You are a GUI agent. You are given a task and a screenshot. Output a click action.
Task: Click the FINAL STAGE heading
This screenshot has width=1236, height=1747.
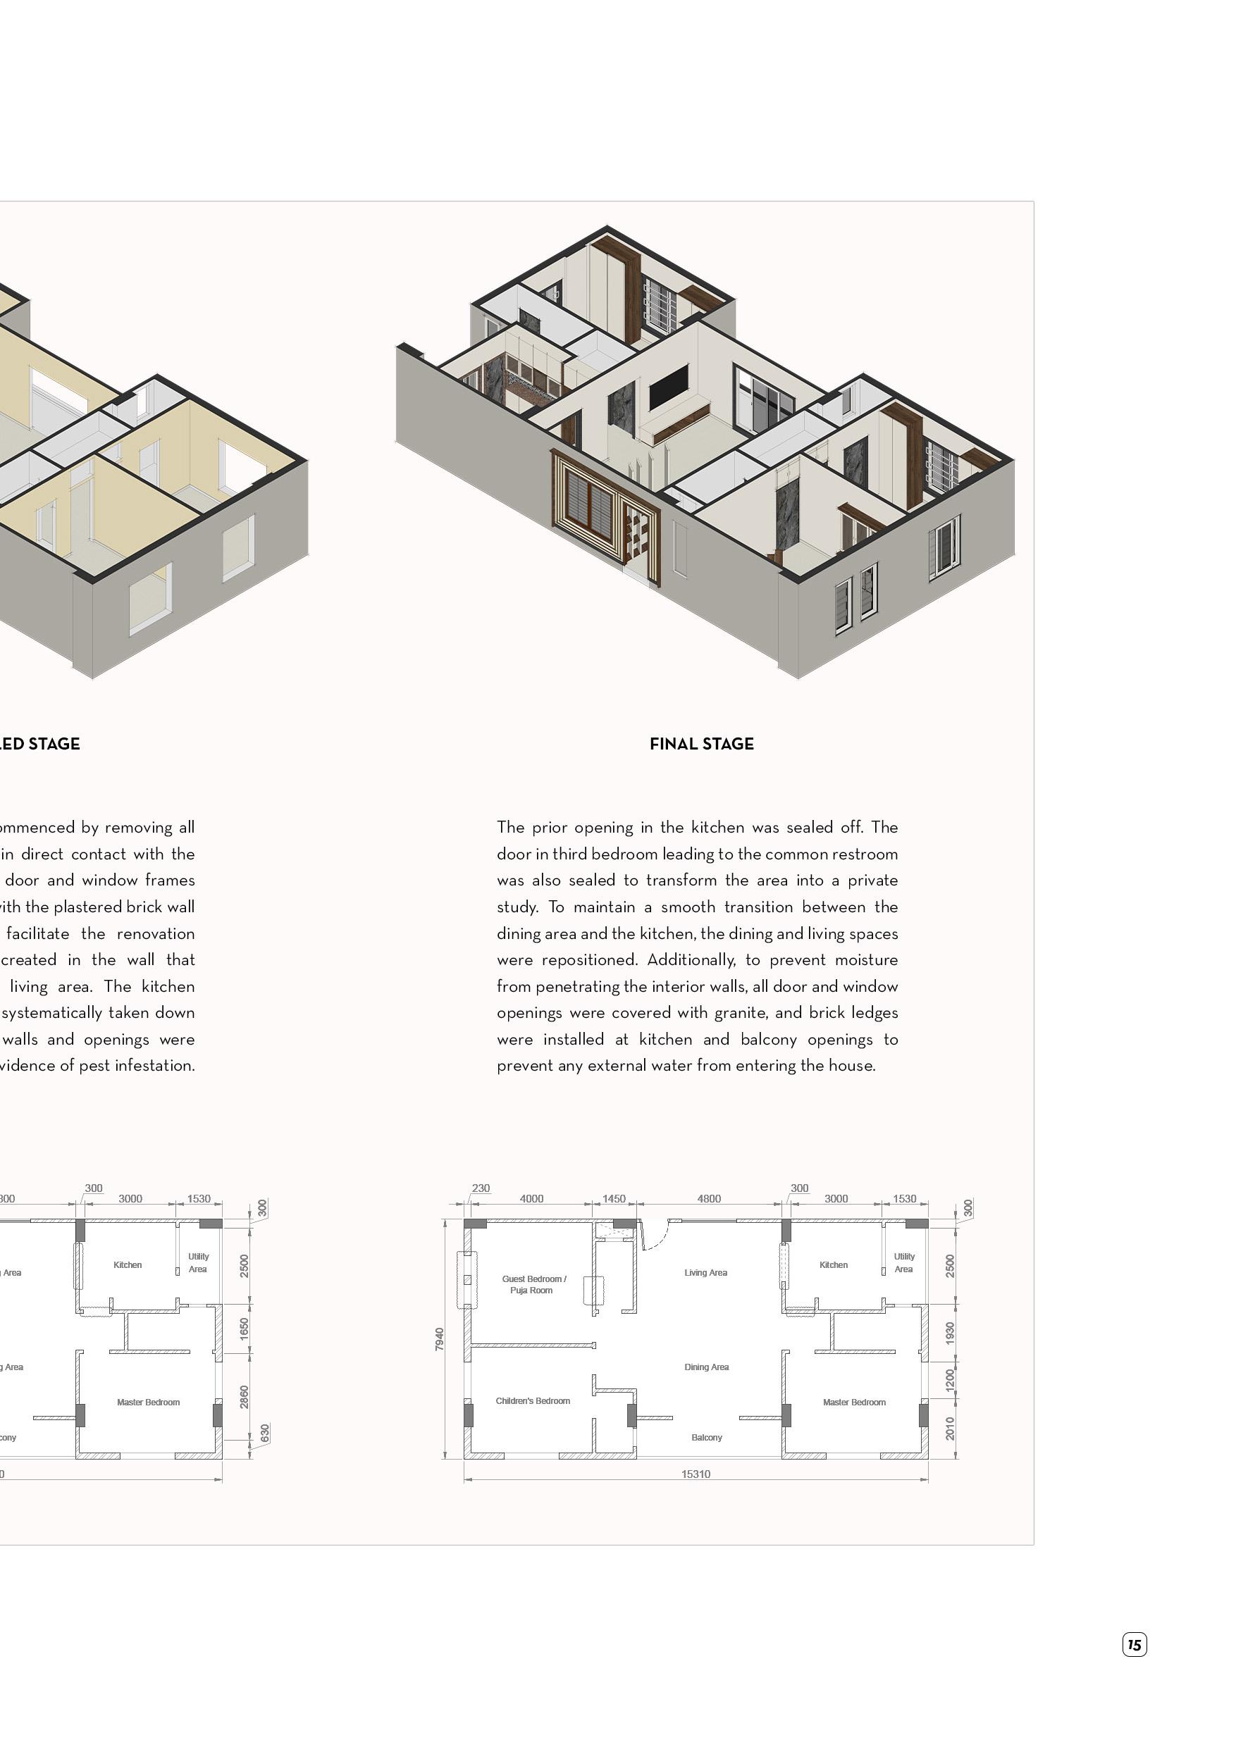click(x=701, y=744)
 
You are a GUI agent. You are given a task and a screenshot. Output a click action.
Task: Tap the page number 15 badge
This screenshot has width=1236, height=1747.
click(x=1134, y=1644)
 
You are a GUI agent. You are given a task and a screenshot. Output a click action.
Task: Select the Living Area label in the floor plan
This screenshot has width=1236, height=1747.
click(x=705, y=1272)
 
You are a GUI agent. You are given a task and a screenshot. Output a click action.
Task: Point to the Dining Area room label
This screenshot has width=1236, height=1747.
click(x=706, y=1367)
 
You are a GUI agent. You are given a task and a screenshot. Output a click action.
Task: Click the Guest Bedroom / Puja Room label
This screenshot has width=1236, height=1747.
click(x=533, y=1284)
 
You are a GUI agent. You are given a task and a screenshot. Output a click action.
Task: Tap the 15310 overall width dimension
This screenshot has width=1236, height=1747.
click(x=696, y=1474)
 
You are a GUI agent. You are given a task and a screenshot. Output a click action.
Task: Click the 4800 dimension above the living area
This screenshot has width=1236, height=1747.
click(x=709, y=1198)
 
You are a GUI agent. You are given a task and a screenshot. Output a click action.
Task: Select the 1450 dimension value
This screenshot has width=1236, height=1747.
click(x=614, y=1198)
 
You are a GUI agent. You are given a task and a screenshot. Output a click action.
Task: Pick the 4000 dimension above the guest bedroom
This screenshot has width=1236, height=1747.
click(x=531, y=1198)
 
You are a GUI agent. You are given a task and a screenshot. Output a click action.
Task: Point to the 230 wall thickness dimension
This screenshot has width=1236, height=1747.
click(x=481, y=1188)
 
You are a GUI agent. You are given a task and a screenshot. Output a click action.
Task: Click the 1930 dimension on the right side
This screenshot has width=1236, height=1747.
click(x=950, y=1333)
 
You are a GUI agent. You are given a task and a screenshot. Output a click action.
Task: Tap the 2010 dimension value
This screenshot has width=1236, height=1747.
click(x=950, y=1428)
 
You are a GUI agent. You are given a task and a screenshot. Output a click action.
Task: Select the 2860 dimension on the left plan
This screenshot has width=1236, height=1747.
click(x=245, y=1397)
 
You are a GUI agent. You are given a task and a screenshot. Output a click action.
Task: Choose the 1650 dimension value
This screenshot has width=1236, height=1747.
click(x=245, y=1329)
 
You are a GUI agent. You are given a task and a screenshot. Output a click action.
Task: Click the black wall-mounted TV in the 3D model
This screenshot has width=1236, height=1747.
click(x=668, y=386)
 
